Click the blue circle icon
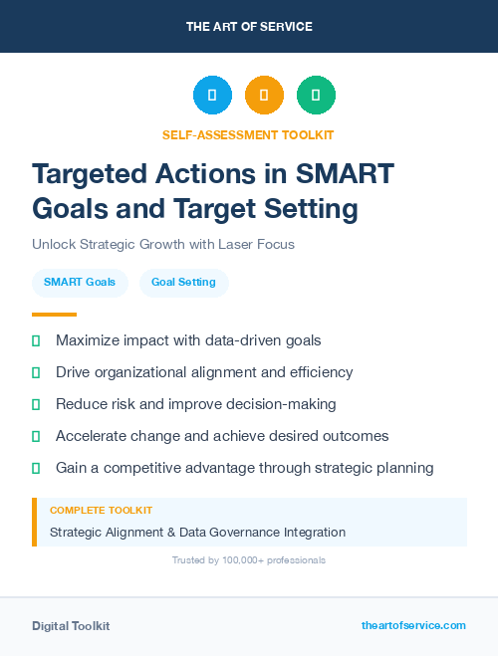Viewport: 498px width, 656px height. coord(212,96)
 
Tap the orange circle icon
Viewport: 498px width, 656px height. coord(264,96)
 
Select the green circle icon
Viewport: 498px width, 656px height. coord(316,96)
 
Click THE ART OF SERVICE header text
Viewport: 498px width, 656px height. coord(249,27)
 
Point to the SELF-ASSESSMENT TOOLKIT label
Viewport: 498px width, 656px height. coord(248,134)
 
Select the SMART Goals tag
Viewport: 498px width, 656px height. coord(80,282)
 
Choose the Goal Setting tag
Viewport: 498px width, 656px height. coord(183,282)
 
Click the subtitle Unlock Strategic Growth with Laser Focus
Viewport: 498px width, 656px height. coord(163,244)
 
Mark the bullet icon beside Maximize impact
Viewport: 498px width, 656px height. coord(36,340)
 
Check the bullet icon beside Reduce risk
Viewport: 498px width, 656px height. coord(36,404)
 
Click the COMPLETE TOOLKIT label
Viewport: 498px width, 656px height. coord(101,510)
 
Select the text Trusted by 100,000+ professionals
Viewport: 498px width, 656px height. coord(249,560)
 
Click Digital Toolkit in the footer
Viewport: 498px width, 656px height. coord(71,625)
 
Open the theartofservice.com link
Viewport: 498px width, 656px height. coord(413,625)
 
